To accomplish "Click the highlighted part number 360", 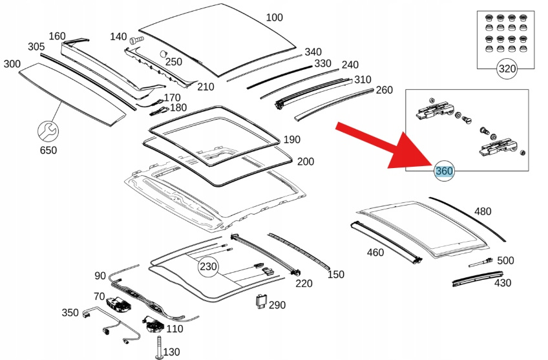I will [x=444, y=171].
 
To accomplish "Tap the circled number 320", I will [x=507, y=69].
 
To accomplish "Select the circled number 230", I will [x=208, y=266].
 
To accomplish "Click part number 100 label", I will [x=274, y=17].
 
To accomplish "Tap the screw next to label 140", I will [x=136, y=40].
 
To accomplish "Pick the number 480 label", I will [x=483, y=211].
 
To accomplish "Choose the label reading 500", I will [x=505, y=260].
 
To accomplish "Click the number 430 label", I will [x=502, y=282].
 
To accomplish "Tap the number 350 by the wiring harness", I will [x=70, y=313].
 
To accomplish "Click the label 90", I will [x=100, y=276].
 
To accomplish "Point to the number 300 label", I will [x=12, y=63].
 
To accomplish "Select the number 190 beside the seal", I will [x=292, y=140].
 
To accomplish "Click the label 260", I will [x=384, y=90].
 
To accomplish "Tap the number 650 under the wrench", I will [x=48, y=151].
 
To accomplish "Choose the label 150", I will [x=336, y=275].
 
